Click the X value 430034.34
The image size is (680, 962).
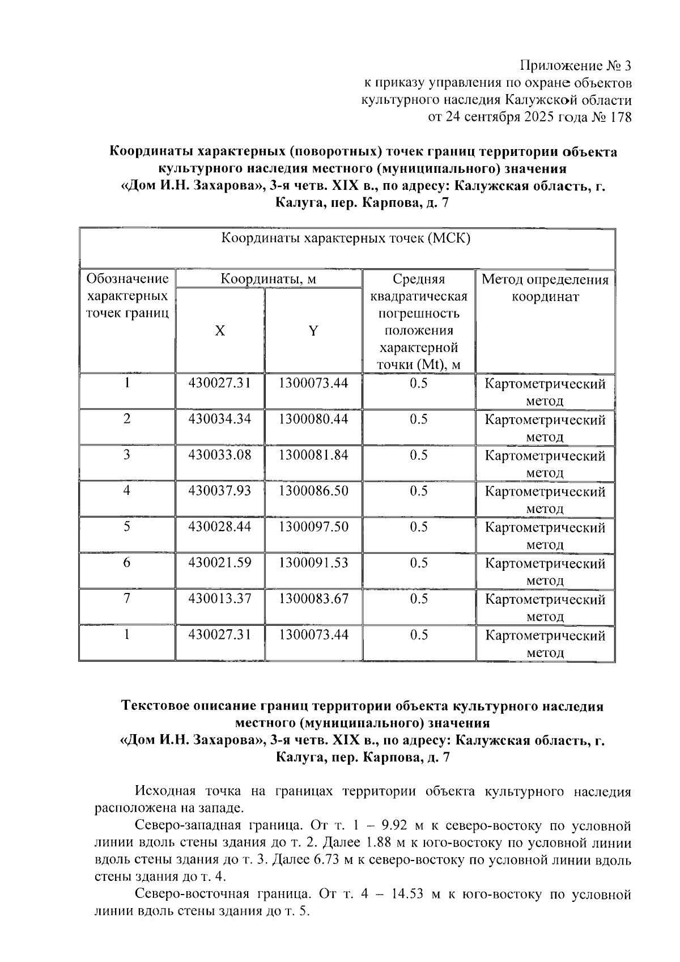coord(219,419)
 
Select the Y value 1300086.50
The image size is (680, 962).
coord(313,491)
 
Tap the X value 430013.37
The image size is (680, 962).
coord(219,599)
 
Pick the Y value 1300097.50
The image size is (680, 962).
coord(313,527)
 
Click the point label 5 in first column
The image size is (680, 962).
coord(127,527)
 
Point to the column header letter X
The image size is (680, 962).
coord(220,331)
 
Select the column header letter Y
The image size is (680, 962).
coord(313,331)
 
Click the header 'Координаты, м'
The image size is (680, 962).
coord(268,279)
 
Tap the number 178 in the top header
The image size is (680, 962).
coord(619,117)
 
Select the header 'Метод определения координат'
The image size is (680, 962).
coord(545,288)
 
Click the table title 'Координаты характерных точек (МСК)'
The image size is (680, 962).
coord(346,238)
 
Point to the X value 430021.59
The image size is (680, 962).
coord(219,563)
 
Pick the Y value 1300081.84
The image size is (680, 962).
coord(313,455)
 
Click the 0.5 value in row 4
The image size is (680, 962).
coord(419,491)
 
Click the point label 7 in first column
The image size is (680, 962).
coord(127,599)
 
